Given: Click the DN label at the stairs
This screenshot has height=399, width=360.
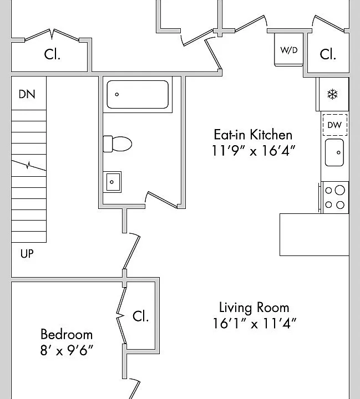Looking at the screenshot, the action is tap(27, 94).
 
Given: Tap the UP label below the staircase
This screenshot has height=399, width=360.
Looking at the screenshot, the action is tap(27, 254).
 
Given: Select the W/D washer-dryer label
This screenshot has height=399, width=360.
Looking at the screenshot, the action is tap(289, 50).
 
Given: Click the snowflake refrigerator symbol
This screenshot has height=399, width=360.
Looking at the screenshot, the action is tap(332, 94).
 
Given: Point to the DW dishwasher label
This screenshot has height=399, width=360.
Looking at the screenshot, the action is tap(334, 125).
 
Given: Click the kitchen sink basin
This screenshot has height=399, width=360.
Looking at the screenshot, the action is tap(334, 152).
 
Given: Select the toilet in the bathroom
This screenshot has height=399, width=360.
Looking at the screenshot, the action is tap(118, 144).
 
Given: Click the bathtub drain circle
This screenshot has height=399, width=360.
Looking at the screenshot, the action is tap(117, 94).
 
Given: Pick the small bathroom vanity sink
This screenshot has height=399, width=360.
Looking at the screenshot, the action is tap(112, 182).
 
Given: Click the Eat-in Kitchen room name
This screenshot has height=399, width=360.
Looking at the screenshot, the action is tap(253, 135).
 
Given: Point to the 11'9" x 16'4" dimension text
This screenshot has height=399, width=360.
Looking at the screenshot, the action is tap(253, 151).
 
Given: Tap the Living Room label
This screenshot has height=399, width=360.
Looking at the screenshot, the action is tap(254, 308).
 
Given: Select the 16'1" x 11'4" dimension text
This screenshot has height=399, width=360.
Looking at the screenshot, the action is tap(255, 324).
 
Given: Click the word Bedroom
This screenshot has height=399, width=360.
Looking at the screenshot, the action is tap(67, 334).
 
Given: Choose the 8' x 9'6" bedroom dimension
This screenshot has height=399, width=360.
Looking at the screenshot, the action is tap(67, 350).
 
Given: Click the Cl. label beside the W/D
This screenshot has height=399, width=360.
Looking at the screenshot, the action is tap(328, 54).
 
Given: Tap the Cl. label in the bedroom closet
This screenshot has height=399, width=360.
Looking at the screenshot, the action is tap(140, 316).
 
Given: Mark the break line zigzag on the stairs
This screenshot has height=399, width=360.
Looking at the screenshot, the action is tap(29, 165).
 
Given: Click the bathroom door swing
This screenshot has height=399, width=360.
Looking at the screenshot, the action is tap(162, 199).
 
